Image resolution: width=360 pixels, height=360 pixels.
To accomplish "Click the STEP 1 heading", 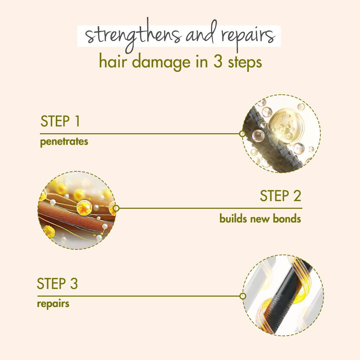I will pos(60,122).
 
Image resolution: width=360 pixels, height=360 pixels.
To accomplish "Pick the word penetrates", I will pos(64,141).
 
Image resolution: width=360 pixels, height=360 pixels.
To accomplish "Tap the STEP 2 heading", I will pos(280,196).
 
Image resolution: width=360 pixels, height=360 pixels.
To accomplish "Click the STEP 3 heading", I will pos(57,284).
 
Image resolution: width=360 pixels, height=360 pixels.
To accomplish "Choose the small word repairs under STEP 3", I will pos(53,303).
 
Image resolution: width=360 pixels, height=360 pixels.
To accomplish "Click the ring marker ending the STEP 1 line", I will pos(242,134).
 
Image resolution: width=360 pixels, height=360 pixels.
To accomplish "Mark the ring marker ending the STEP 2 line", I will pos(116,208).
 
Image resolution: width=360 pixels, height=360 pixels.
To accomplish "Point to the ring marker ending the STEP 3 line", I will pos(243,296).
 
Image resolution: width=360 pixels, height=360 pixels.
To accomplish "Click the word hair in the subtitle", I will pos(112,62).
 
